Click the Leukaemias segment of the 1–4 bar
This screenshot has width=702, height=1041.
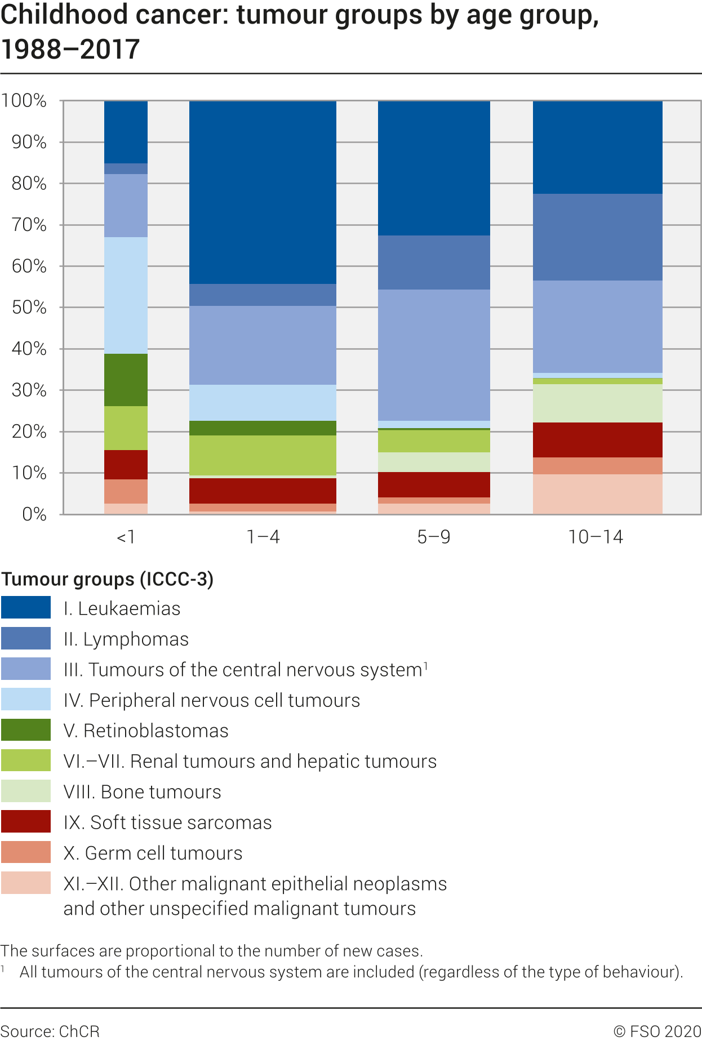[x=263, y=192]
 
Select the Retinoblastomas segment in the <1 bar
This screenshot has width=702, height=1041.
[x=126, y=380]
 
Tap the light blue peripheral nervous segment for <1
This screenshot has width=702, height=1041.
[x=126, y=295]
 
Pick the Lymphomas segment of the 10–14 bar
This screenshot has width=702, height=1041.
[x=597, y=237]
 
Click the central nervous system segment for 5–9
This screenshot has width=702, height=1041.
[x=433, y=355]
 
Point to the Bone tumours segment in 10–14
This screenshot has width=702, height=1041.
[x=597, y=403]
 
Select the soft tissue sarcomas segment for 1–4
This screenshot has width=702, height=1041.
[x=263, y=491]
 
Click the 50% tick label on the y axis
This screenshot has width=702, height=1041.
[x=29, y=308]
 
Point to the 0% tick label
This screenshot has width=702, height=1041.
[x=34, y=514]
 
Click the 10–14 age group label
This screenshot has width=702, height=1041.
[x=596, y=537]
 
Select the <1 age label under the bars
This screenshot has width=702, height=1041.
[x=126, y=537]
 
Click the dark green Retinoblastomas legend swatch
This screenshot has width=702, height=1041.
[x=26, y=730]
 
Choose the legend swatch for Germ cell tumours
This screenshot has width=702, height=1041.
[x=26, y=852]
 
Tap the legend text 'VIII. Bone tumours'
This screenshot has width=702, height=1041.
[x=142, y=791]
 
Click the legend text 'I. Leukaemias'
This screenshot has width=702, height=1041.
[x=122, y=608]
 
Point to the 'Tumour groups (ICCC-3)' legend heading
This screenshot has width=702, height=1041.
[x=107, y=579]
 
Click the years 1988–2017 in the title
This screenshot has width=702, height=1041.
[x=70, y=50]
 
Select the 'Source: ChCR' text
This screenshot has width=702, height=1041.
[x=50, y=1031]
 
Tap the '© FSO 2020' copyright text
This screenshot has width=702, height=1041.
[x=657, y=1031]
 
